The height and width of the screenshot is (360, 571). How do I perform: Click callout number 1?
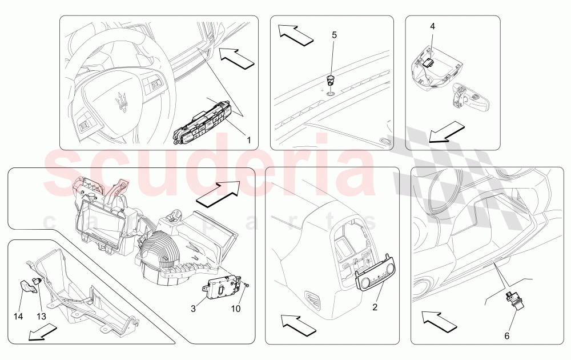coord(249,140)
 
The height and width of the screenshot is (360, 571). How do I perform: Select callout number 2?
coord(375,307)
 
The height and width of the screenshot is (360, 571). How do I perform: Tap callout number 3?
coord(193,309)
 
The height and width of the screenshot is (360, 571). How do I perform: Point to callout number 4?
coord(432,26)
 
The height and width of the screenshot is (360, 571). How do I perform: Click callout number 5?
coord(334,35)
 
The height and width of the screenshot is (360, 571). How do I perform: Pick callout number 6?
coord(507,335)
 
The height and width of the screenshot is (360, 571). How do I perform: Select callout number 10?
coord(236,309)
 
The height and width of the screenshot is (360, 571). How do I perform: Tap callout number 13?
coord(42,316)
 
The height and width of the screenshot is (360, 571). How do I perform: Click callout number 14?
coord(18,316)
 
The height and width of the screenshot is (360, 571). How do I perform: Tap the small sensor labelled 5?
coord(331,79)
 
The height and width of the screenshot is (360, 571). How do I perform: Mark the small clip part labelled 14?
coord(28,286)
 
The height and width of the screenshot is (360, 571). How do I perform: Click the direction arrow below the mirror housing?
coord(447,133)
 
